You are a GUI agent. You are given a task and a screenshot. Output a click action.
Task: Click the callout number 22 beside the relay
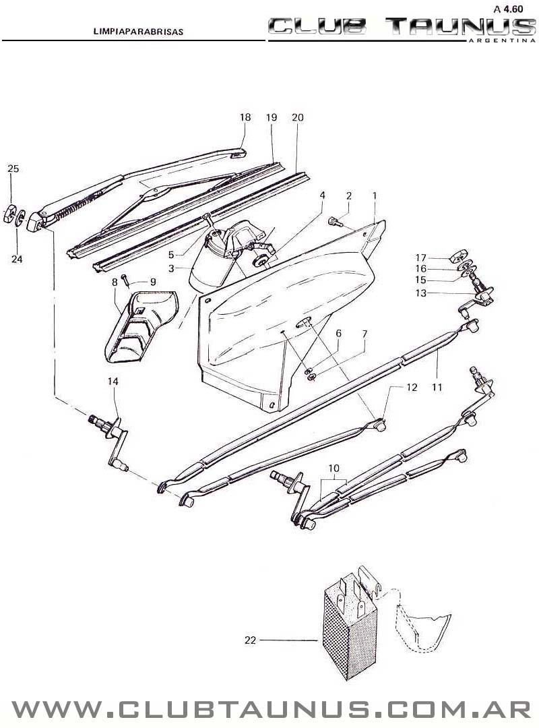pyautogui.click(x=250, y=640)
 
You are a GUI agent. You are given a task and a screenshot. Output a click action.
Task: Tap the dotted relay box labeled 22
pyautogui.click(x=350, y=628)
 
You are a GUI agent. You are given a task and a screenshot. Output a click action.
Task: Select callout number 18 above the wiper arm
pyautogui.click(x=245, y=117)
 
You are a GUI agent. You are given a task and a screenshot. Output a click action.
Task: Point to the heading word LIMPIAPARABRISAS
pyautogui.click(x=138, y=32)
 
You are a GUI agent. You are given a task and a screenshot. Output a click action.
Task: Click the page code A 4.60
pyautogui.click(x=509, y=8)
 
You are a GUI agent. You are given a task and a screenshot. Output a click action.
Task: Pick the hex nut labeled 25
pyautogui.click(x=9, y=214)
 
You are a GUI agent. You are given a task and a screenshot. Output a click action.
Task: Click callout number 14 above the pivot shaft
pyautogui.click(x=113, y=382)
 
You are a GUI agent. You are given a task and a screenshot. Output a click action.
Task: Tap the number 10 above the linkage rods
pyautogui.click(x=334, y=468)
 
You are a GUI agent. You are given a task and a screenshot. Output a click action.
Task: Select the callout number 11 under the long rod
pyautogui.click(x=437, y=387)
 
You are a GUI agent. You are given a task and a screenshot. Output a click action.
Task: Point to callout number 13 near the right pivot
pyautogui.click(x=420, y=293)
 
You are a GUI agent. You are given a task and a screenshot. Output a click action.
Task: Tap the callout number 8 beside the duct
pyautogui.click(x=115, y=282)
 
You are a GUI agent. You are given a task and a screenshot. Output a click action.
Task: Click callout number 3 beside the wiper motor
pyautogui.click(x=171, y=268)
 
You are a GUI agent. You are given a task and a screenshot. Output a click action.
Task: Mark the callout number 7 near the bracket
pyautogui.click(x=364, y=334)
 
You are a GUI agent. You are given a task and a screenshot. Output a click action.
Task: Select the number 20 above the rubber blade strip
pyautogui.click(x=298, y=117)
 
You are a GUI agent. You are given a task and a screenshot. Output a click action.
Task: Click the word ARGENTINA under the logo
pyautogui.click(x=503, y=40)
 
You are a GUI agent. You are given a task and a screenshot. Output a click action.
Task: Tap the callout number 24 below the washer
pyautogui.click(x=17, y=259)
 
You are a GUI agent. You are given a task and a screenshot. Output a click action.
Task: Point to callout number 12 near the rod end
pyautogui.click(x=412, y=387)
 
